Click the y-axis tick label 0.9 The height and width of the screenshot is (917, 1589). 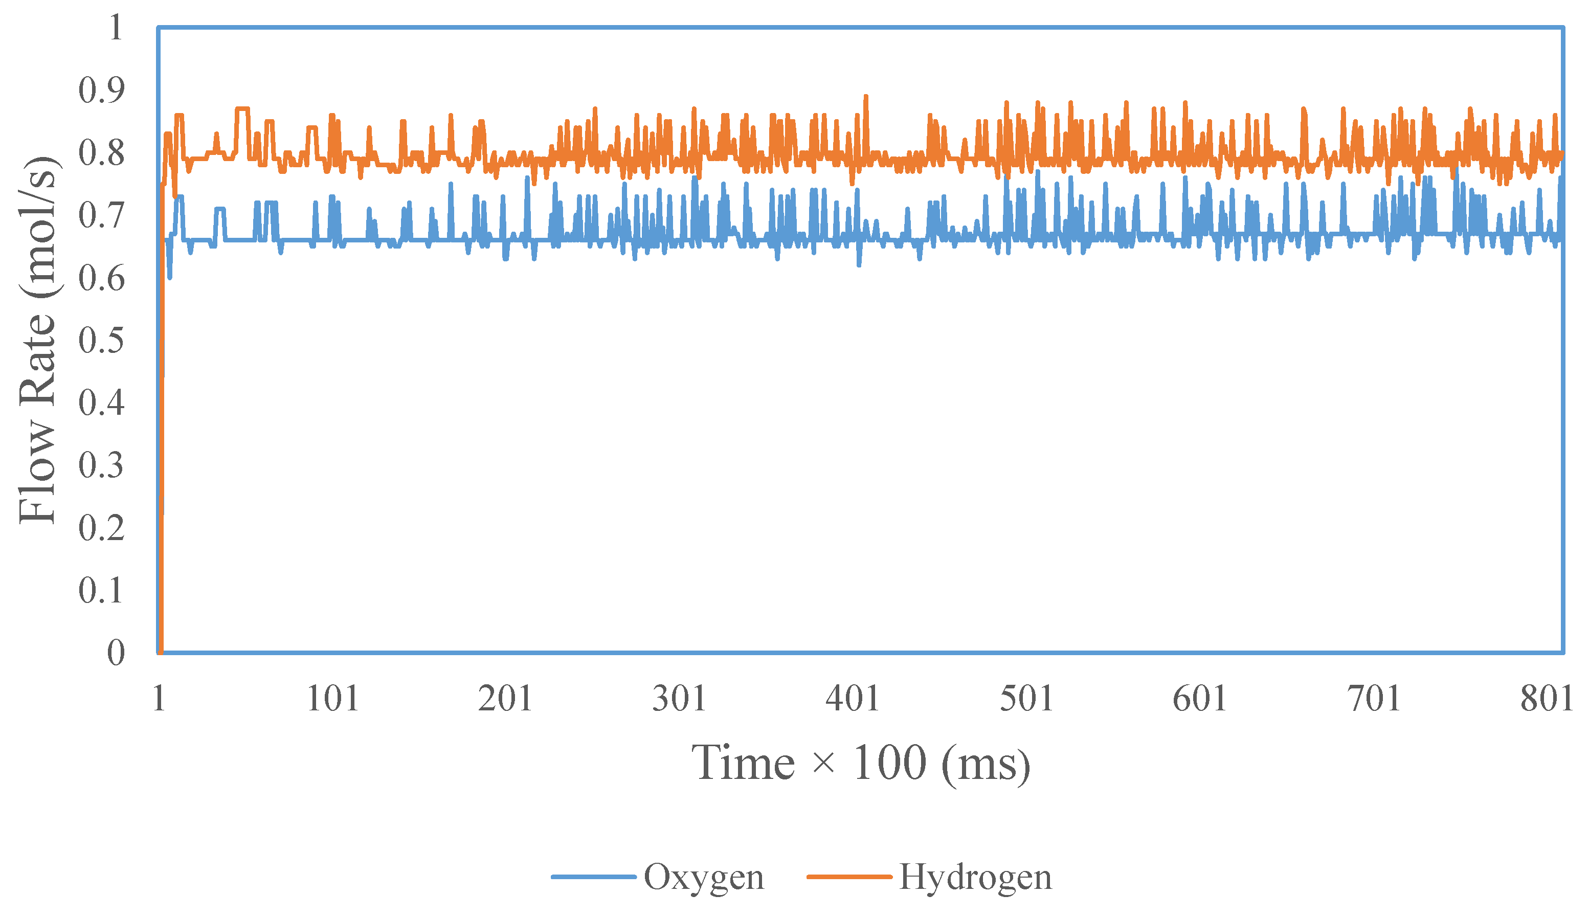[101, 90]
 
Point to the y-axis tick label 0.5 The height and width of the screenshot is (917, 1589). [101, 340]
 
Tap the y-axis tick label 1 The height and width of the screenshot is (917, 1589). [115, 28]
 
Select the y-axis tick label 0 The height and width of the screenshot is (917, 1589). [115, 653]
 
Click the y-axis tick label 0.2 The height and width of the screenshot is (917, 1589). [101, 528]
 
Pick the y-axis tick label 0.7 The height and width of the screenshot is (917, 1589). [101, 215]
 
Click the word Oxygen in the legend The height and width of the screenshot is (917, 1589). [704, 877]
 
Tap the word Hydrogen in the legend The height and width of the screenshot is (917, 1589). [975, 877]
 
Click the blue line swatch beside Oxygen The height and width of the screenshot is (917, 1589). [593, 877]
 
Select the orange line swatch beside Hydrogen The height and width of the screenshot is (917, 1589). [849, 877]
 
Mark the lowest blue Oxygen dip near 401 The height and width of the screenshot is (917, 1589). [858, 264]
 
